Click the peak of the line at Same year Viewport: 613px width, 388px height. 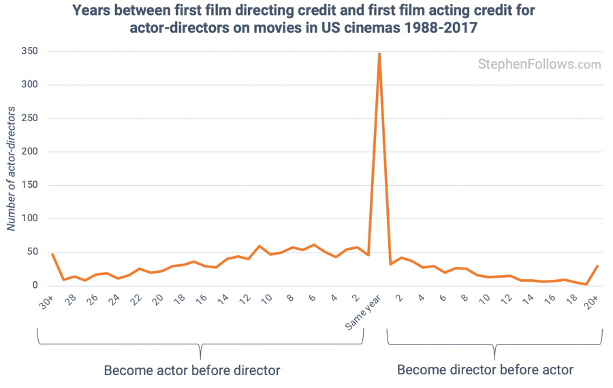(x=379, y=53)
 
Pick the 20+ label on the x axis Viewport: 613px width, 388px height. (x=593, y=302)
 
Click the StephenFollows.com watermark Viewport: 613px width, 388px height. (x=539, y=65)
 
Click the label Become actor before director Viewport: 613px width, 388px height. (x=192, y=370)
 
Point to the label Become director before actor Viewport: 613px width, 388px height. (x=485, y=370)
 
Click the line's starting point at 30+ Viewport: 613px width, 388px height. (x=52, y=255)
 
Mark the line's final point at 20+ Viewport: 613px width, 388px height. (x=597, y=266)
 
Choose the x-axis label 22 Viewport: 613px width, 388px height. (x=137, y=301)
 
